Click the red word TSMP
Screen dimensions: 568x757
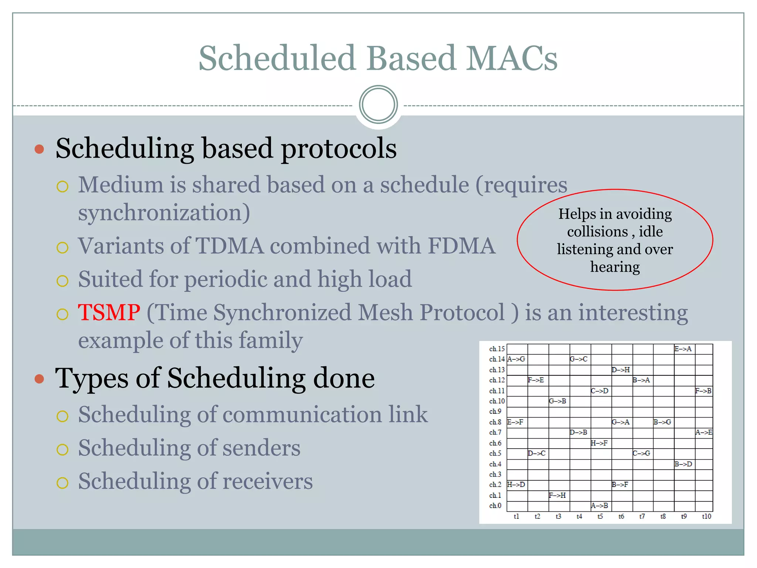(x=109, y=312)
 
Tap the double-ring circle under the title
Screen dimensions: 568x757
(x=378, y=105)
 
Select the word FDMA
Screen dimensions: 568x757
(x=461, y=246)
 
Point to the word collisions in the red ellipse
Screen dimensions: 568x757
(x=597, y=232)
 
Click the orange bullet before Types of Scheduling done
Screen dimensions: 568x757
(x=39, y=379)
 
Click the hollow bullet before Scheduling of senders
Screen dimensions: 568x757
(x=62, y=449)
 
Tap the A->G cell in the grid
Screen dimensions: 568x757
(x=516, y=359)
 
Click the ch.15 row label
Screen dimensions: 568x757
(x=496, y=349)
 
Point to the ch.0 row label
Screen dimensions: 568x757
(x=495, y=506)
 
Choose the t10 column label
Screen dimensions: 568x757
(x=706, y=517)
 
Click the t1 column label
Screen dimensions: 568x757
(x=516, y=517)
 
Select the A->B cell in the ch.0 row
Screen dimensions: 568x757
(x=599, y=506)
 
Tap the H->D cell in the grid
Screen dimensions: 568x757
(x=516, y=484)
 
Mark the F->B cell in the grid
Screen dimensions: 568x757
(x=703, y=390)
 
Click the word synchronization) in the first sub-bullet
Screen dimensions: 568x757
(x=164, y=213)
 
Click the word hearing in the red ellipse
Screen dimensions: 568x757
(x=615, y=267)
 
